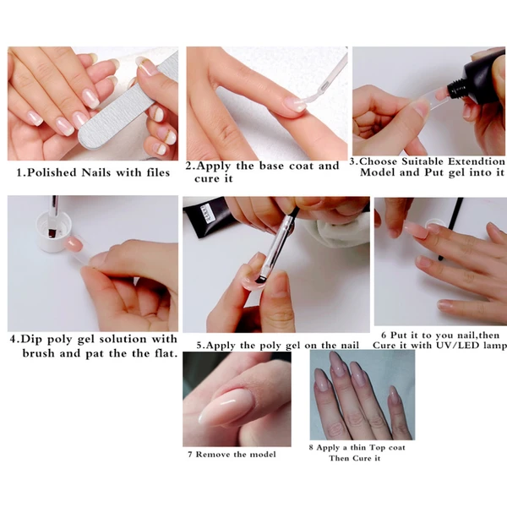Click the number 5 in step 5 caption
[199, 345]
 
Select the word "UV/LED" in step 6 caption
[449, 346]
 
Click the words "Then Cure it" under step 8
[355, 459]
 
